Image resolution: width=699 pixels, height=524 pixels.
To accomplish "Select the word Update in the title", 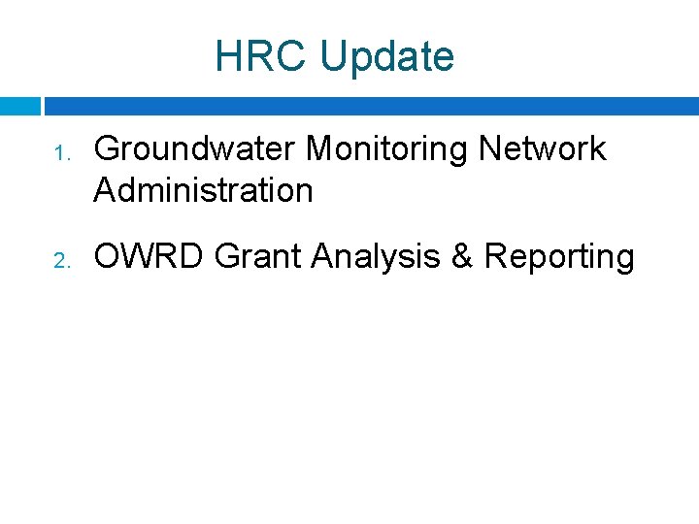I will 386,57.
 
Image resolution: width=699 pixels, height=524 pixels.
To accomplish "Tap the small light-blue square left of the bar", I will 19,106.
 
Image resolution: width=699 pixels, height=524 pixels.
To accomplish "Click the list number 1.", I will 59,153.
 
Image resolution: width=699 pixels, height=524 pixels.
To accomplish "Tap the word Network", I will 543,148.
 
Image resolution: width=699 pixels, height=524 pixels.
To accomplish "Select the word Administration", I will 203,190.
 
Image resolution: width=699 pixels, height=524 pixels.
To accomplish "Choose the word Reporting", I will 559,257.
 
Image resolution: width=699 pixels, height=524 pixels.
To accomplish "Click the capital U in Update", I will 332,56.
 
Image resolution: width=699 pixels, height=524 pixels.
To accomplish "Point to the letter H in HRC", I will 227,56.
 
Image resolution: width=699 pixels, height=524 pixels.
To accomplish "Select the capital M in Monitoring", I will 320,148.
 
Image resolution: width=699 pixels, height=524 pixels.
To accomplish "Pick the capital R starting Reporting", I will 495,256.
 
